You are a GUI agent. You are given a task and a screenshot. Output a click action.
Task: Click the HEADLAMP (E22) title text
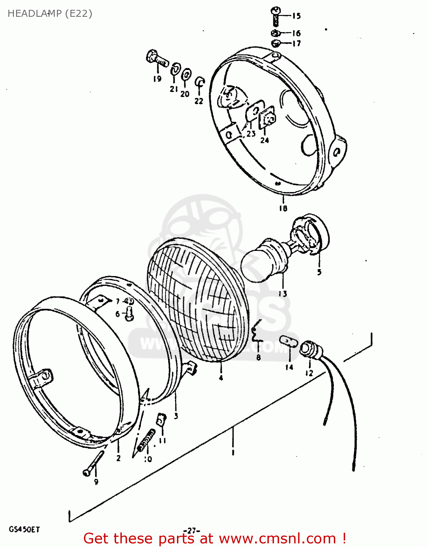tap(50, 13)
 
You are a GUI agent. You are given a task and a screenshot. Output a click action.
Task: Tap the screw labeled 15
tap(276, 16)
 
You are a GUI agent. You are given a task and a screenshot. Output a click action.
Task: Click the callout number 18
tap(283, 208)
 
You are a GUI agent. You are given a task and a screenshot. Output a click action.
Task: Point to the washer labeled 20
tap(186, 75)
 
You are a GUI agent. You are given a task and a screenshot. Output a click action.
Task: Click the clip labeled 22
tap(200, 82)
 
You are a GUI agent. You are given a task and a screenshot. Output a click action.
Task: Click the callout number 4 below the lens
tap(221, 378)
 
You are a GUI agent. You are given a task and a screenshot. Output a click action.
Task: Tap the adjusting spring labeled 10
tap(146, 440)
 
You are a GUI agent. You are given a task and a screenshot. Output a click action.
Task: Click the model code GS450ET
tap(24, 529)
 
